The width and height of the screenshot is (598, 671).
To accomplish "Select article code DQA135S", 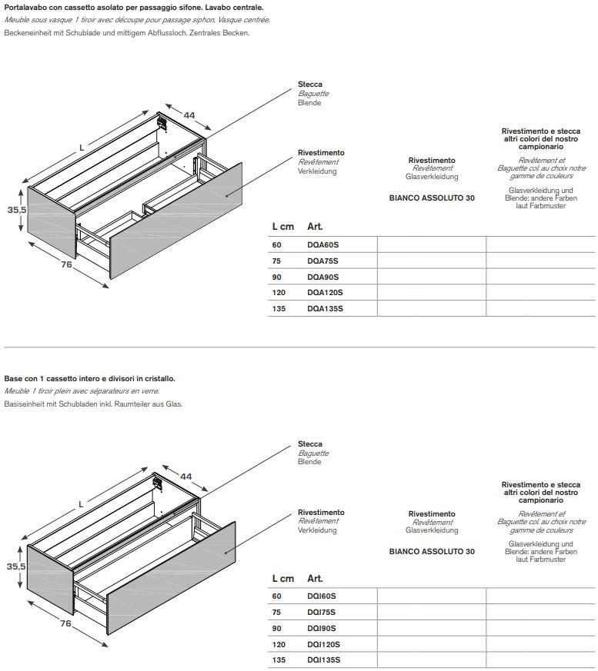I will pyautogui.click(x=325, y=308).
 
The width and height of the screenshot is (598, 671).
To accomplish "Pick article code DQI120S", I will pyautogui.click(x=324, y=644).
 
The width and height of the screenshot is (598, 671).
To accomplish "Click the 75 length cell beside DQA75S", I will pyautogui.click(x=276, y=261).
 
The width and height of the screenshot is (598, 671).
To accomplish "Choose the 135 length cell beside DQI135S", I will pyautogui.click(x=279, y=660).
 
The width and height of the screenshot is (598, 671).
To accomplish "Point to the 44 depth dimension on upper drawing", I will pyautogui.click(x=189, y=115).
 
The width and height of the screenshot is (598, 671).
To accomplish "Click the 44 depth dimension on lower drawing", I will pyautogui.click(x=185, y=477).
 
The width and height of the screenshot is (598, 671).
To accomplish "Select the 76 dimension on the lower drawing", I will pyautogui.click(x=66, y=623).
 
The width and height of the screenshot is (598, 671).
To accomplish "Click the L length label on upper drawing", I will pyautogui.click(x=81, y=147).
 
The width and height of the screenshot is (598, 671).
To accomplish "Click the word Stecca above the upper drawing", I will pyautogui.click(x=310, y=85).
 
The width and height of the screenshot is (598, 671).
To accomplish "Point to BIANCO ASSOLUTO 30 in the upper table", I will pyautogui.click(x=432, y=198).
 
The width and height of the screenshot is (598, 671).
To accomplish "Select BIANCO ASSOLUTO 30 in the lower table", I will pyautogui.click(x=432, y=551).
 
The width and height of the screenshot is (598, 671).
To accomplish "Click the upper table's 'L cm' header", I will pyautogui.click(x=282, y=227).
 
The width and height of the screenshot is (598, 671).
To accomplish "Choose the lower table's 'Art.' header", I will pyautogui.click(x=315, y=578).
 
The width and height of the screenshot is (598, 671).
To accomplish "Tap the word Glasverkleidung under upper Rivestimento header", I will pyautogui.click(x=432, y=177).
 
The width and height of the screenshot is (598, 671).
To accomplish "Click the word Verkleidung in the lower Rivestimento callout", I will pyautogui.click(x=317, y=530).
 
